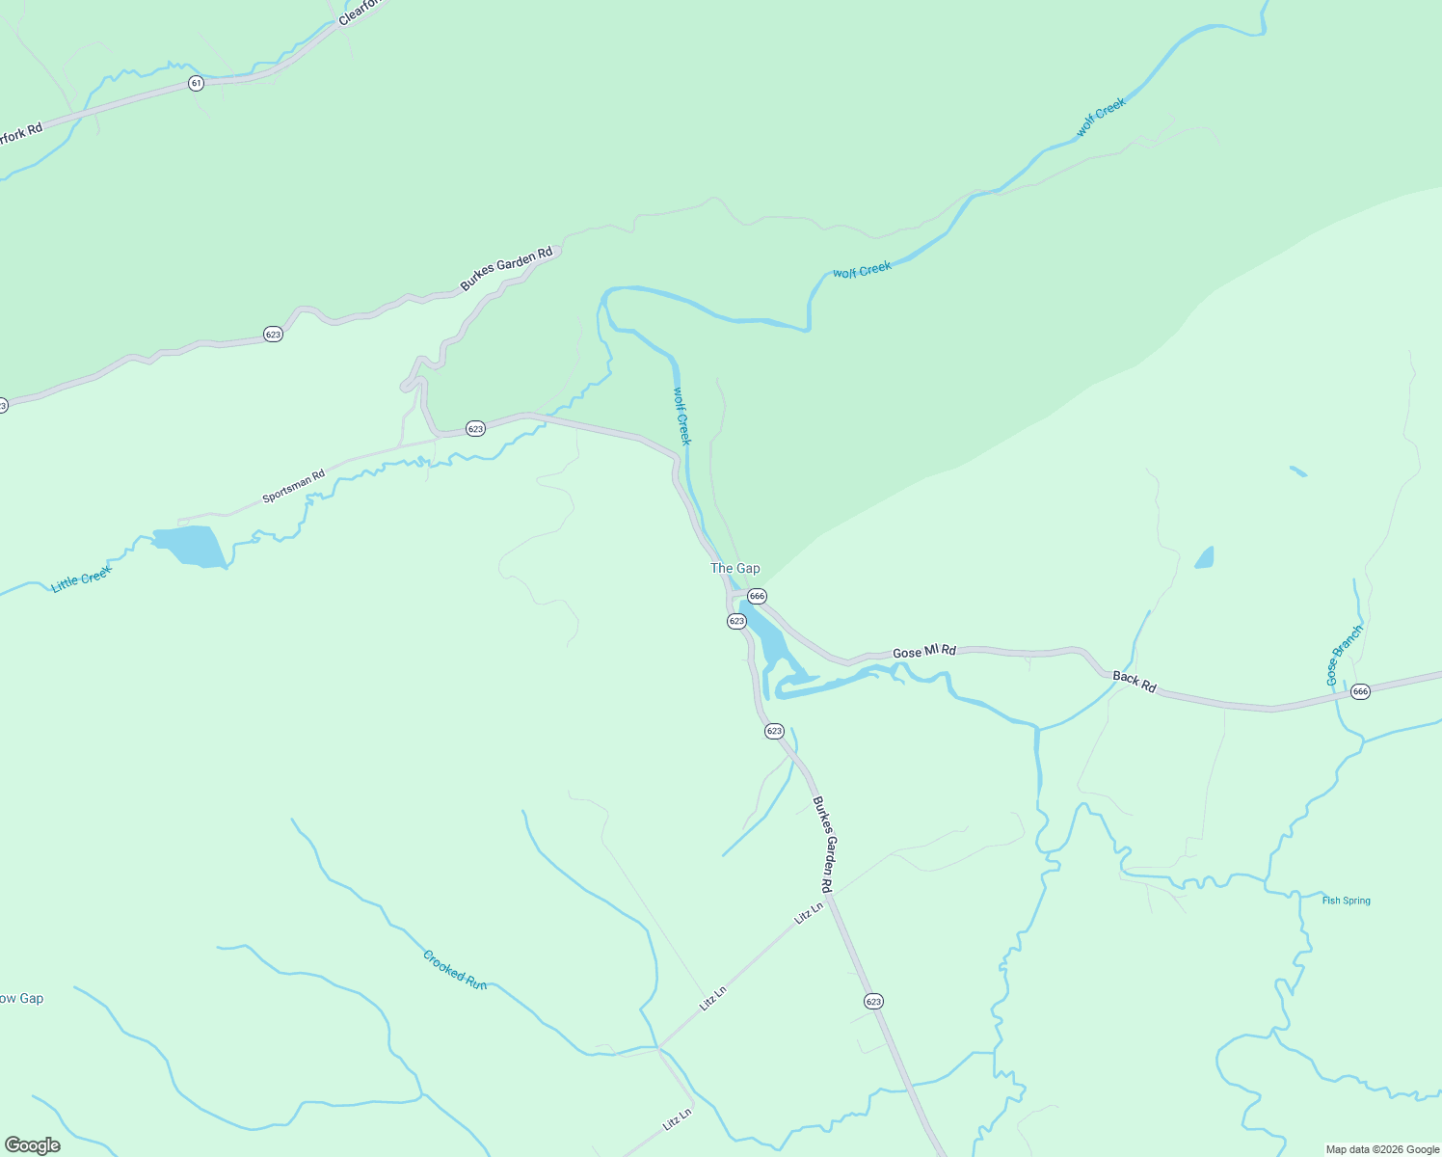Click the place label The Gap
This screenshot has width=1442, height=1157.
(x=734, y=569)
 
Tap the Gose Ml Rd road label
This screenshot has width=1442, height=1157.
(x=923, y=652)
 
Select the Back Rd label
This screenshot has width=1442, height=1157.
(x=1134, y=682)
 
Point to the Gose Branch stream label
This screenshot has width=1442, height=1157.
(x=1345, y=656)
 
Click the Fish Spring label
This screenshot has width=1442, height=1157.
(x=1346, y=901)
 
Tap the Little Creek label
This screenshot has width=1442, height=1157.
(x=82, y=578)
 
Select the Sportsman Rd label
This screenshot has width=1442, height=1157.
(x=294, y=487)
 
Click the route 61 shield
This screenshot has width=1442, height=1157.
(x=197, y=84)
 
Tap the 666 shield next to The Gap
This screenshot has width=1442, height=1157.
(x=757, y=596)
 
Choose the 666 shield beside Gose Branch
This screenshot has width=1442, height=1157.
(x=1360, y=691)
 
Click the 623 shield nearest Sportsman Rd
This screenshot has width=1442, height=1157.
(x=475, y=428)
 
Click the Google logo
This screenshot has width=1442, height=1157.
(x=33, y=1145)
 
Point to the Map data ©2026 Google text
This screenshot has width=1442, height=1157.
(x=1381, y=1149)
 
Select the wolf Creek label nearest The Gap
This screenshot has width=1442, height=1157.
(x=681, y=416)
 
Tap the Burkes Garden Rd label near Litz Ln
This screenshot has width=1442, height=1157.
(x=822, y=844)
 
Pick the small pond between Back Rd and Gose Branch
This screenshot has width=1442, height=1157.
(x=1204, y=557)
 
